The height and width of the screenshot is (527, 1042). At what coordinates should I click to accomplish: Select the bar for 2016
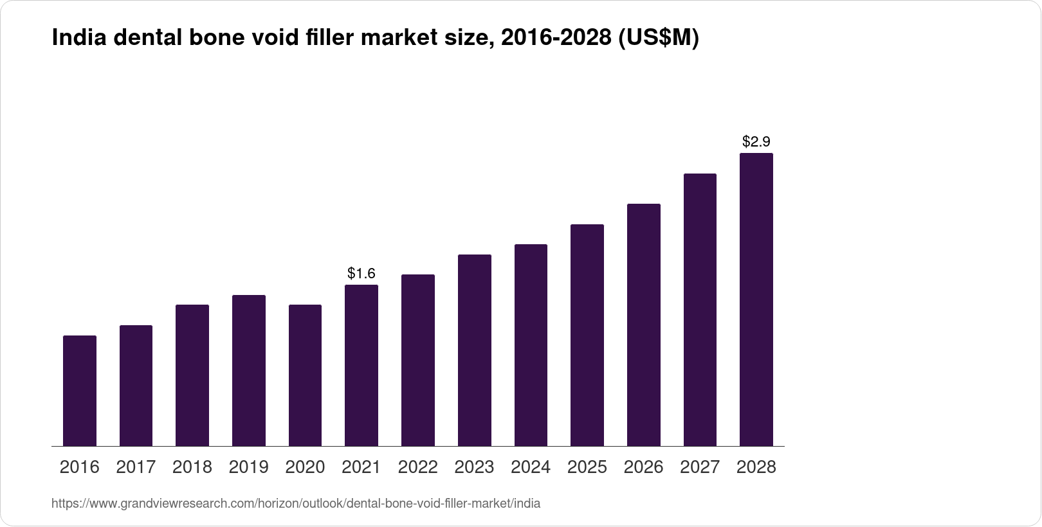80,391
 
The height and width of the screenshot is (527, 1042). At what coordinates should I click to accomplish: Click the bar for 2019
249,371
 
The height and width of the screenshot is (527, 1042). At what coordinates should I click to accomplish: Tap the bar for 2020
305,375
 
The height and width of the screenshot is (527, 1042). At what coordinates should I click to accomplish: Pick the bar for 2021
361,366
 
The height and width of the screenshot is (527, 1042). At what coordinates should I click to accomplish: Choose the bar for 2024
531,345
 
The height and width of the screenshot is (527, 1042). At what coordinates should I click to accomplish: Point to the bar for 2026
643,325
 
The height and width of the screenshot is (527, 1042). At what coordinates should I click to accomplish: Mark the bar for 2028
756,299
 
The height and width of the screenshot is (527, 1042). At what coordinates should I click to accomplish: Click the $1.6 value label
361,273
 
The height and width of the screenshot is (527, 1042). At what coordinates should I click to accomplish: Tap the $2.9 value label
756,141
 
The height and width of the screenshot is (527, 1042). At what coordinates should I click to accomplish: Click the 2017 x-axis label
136,467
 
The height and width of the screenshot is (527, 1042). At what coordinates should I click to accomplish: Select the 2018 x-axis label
192,467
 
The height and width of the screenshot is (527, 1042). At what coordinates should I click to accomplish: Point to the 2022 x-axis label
418,467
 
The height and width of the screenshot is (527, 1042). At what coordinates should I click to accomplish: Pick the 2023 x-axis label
474,467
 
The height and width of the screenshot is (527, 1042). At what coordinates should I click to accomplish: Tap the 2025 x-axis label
587,467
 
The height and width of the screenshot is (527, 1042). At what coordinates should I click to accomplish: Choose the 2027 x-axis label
700,467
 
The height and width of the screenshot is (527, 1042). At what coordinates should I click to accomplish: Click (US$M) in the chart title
657,39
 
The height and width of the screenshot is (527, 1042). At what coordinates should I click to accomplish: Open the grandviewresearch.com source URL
296,504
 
